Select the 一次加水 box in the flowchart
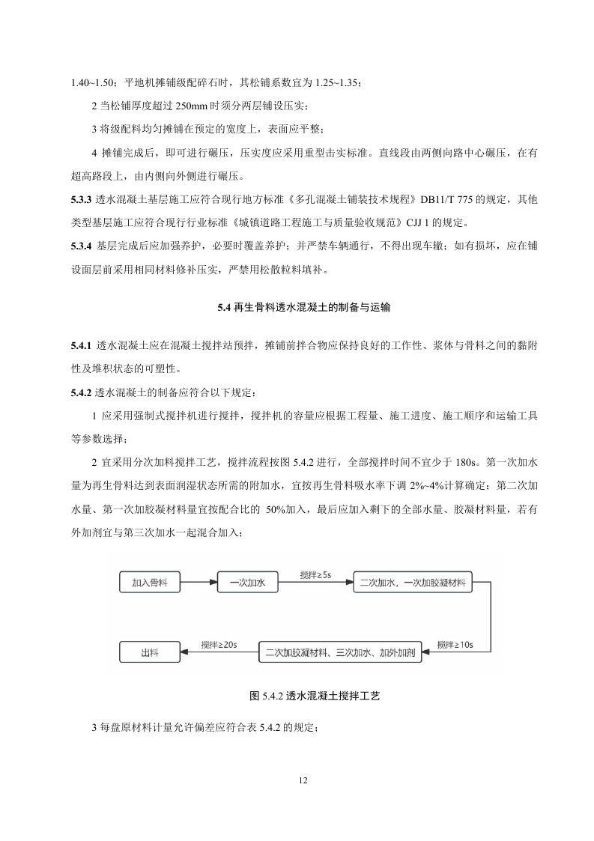248,581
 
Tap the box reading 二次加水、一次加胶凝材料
413,581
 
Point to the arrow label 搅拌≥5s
315,574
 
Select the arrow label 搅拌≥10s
455,645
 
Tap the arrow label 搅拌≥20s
219,645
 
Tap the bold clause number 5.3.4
80,245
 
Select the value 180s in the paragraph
451,461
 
